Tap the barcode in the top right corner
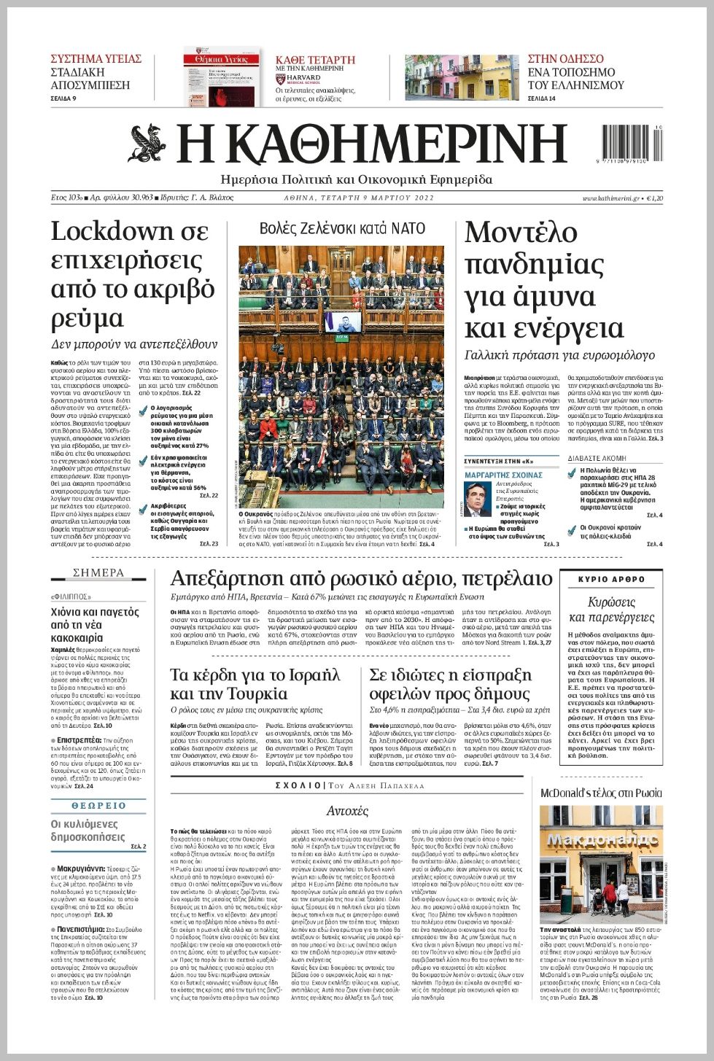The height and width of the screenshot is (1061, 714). (632, 144)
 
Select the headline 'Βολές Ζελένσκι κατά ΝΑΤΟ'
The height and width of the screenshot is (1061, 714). (342, 228)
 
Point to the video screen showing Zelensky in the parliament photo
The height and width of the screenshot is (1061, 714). (342, 322)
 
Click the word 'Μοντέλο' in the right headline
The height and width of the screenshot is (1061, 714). (521, 233)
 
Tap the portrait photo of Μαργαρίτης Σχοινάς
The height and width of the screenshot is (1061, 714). (478, 500)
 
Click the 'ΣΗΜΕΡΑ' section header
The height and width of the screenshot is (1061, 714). (98, 573)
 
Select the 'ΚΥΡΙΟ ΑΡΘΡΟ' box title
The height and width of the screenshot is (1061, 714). (611, 579)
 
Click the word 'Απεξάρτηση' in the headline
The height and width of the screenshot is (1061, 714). (226, 578)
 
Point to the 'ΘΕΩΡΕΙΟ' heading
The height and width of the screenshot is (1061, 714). (98, 806)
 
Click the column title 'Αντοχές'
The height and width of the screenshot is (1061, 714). (347, 811)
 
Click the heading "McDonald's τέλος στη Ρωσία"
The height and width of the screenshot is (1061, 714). (601, 793)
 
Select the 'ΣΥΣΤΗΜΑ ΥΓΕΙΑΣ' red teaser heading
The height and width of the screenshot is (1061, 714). (96, 59)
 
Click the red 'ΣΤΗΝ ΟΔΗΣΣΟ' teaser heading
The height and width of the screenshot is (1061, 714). (566, 59)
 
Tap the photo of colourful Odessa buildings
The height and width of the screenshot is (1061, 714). (462, 77)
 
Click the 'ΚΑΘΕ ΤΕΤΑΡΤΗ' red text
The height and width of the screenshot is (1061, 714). (315, 60)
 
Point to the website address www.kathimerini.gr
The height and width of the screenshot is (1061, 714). (610, 198)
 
